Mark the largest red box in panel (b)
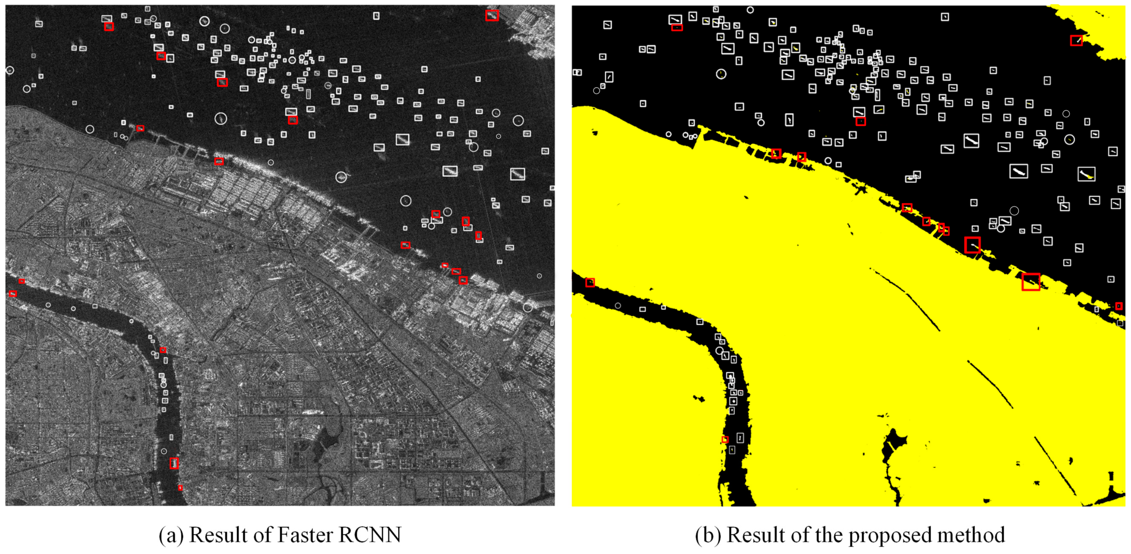[1031, 282]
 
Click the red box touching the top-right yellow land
[1076, 40]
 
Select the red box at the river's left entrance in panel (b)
[590, 283]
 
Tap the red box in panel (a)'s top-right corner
[492, 15]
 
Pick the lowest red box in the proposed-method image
[725, 440]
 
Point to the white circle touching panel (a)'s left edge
[10, 70]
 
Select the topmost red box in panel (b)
[677, 28]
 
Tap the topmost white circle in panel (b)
[750, 10]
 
